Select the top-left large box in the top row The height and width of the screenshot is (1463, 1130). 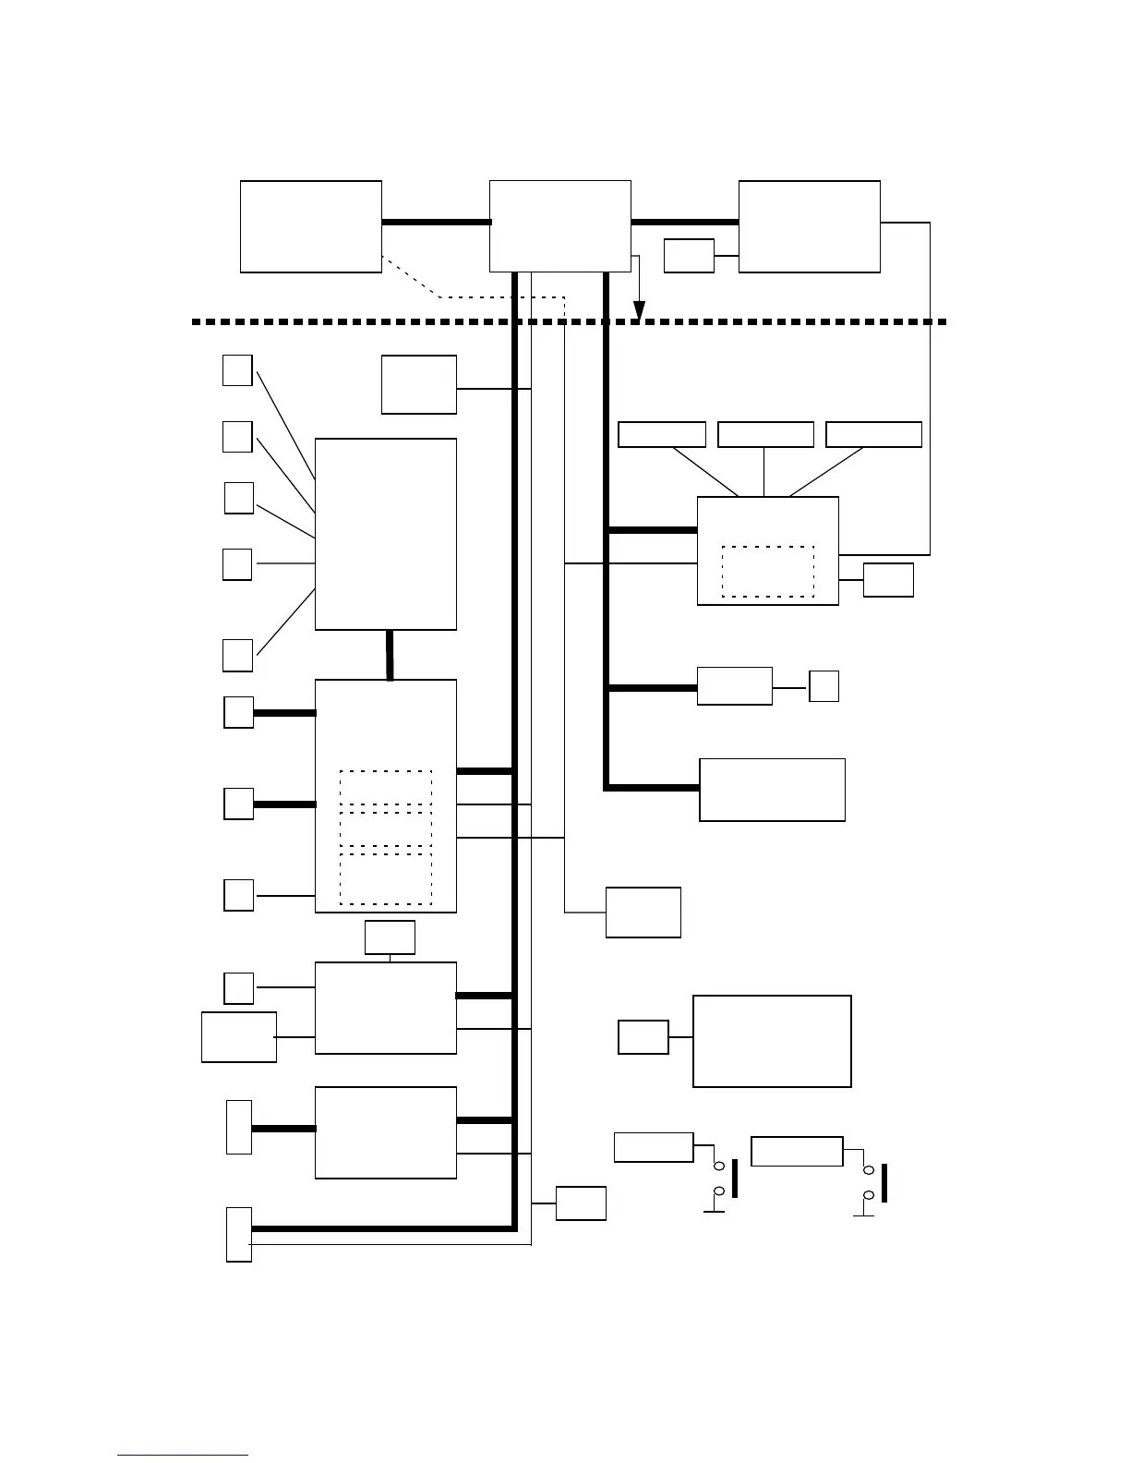311,226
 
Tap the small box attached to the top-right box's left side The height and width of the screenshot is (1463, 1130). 689,256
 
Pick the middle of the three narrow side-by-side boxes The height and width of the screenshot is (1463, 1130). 765,434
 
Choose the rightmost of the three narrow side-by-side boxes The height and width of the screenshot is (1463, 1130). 873,434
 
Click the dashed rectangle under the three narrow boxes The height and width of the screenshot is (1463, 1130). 767,572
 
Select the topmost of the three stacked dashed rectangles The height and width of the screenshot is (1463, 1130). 386,787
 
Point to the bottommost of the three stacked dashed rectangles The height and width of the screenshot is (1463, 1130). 386,878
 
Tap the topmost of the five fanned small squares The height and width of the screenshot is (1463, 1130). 237,369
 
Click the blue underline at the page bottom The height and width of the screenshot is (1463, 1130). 183,1456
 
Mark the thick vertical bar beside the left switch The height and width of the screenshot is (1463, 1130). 735,1178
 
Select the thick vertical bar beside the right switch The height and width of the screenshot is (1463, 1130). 884,1183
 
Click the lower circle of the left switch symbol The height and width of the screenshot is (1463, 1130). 719,1191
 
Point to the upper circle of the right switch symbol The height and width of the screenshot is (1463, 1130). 868,1170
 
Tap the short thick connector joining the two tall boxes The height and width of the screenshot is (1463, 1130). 390,655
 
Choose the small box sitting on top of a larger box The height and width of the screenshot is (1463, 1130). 390,937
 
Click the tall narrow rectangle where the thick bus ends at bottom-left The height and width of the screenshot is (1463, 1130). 239,1234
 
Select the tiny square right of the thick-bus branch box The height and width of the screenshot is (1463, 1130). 823,686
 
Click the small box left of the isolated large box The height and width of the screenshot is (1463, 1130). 643,1037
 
